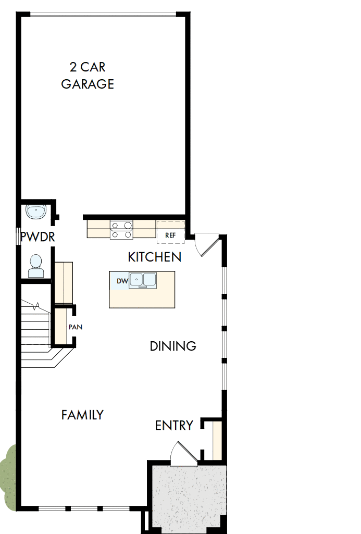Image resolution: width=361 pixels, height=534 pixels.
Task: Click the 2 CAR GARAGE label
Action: click(x=88, y=76)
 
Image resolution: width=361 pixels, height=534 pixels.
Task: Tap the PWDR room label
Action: click(x=38, y=237)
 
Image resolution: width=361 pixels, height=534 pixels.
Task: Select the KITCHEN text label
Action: click(x=155, y=257)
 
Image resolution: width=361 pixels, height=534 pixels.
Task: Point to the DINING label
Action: click(x=173, y=346)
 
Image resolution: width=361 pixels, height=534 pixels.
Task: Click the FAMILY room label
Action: click(x=82, y=415)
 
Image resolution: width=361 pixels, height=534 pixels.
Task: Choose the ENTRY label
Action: click(x=174, y=426)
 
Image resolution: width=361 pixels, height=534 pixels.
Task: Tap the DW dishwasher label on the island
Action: click(x=122, y=281)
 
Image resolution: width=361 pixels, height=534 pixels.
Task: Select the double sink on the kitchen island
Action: click(x=143, y=280)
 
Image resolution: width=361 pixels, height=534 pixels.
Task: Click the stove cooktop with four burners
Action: click(x=121, y=230)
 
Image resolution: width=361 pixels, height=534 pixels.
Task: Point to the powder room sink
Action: click(x=36, y=212)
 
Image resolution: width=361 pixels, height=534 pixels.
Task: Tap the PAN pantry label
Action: click(x=75, y=327)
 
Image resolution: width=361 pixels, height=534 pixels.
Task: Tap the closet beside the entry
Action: click(x=217, y=441)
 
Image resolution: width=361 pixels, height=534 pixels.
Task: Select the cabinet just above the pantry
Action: click(x=64, y=283)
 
